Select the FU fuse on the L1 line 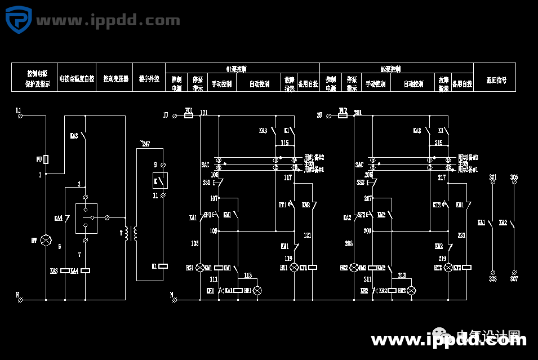(x=45, y=159)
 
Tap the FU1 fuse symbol (x=189, y=115)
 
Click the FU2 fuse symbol (x=343, y=115)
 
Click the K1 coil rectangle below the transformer (x=163, y=266)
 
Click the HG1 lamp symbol (x=199, y=268)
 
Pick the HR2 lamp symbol (x=411, y=290)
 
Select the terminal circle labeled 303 (x=493, y=272)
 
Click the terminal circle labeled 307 (x=514, y=272)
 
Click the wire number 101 (x=203, y=113)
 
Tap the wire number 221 (x=461, y=234)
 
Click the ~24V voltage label (x=145, y=144)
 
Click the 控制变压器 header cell (x=115, y=79)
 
